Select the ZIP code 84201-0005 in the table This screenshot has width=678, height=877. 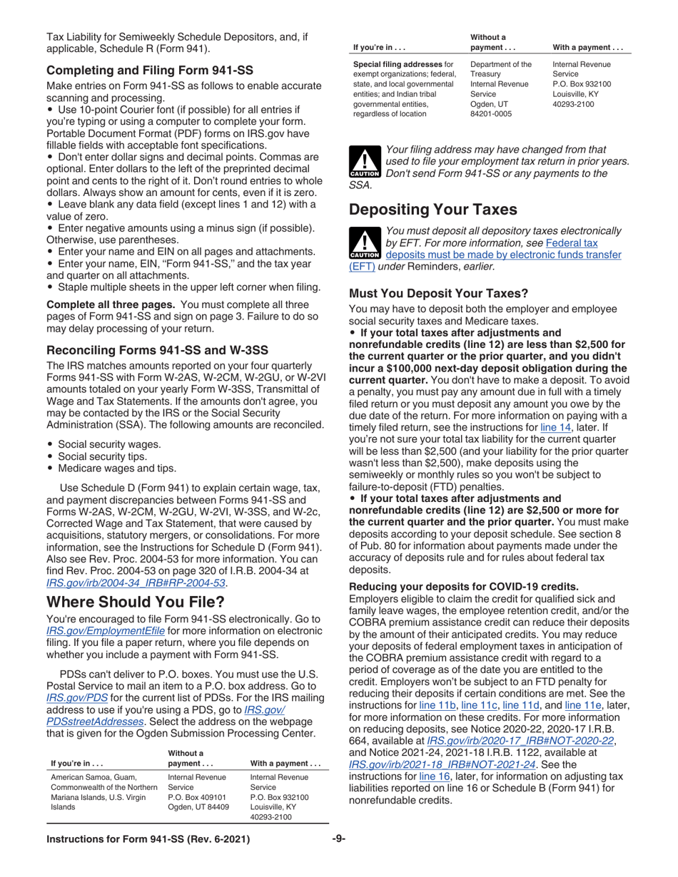coord(492,113)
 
